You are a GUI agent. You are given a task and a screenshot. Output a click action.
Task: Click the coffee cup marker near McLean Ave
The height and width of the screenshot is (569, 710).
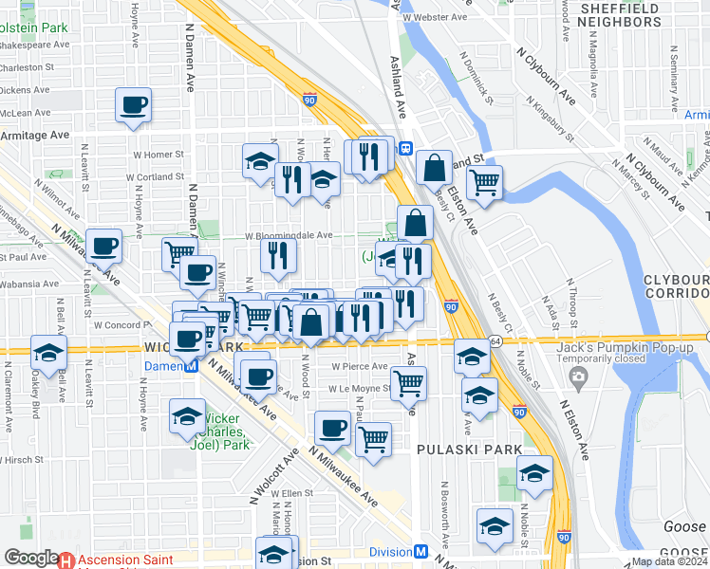[x=133, y=104]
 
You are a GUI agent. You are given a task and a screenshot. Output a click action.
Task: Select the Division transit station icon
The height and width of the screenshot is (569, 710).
[x=420, y=552]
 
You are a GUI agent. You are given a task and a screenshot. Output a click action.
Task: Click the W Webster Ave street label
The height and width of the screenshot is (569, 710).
[x=436, y=18]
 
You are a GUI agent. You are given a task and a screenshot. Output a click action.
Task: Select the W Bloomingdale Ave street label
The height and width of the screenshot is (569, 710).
[x=290, y=235]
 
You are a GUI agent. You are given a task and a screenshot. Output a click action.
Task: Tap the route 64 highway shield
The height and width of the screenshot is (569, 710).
[x=495, y=340]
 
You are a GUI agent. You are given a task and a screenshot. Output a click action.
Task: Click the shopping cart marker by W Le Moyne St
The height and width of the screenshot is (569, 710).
[x=408, y=382]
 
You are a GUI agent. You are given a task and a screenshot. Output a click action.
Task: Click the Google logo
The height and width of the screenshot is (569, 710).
[x=30, y=557]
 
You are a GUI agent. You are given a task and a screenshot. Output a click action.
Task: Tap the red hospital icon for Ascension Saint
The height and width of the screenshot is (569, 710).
[x=66, y=560]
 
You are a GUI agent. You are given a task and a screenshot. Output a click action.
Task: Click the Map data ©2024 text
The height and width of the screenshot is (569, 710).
[x=669, y=561]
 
